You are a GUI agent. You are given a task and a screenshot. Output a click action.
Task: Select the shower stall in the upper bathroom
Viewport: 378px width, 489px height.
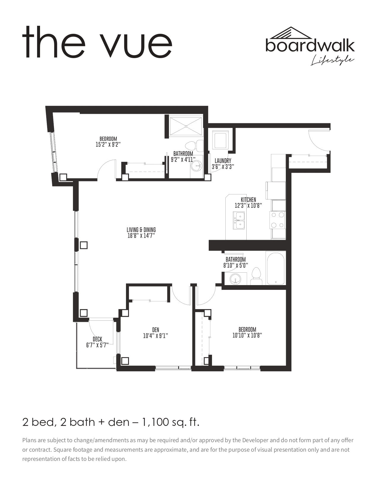[x=186, y=126]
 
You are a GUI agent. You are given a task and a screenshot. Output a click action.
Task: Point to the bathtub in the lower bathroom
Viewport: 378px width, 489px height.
[x=276, y=268]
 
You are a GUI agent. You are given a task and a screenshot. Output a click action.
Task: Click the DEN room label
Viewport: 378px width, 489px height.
[x=156, y=330]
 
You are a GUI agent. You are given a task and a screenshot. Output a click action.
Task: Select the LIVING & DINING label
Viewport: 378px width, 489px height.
[x=141, y=230]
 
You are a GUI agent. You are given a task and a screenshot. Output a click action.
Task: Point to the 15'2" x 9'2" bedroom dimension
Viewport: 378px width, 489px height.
[x=108, y=144]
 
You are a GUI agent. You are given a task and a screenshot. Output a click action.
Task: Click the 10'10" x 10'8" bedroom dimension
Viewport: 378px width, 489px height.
[x=247, y=335]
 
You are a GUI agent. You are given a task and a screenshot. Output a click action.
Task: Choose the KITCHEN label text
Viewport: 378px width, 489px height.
[x=248, y=200]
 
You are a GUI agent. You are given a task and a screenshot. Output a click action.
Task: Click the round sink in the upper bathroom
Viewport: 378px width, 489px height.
[x=197, y=166]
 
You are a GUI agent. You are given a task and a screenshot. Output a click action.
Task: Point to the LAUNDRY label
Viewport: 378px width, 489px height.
[x=223, y=161]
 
